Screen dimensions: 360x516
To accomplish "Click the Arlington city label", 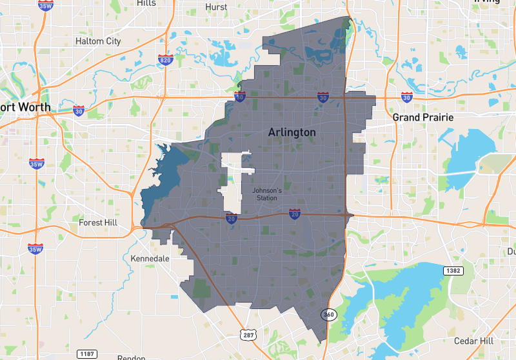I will (x=292, y=132).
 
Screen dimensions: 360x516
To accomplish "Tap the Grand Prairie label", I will (x=423, y=117).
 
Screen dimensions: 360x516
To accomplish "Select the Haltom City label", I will (x=98, y=41).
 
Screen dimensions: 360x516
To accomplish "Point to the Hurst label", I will (x=216, y=6).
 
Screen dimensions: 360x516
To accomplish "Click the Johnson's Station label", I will (x=266, y=194).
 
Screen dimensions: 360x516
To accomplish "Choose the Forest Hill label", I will (x=99, y=223).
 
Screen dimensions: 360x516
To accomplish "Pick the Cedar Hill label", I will (x=473, y=341).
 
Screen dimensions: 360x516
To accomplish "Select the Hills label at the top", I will (x=146, y=3).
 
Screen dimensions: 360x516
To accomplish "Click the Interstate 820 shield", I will (x=165, y=60).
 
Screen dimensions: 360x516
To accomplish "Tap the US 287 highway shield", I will (x=249, y=334).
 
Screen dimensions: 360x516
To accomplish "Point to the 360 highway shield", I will (x=328, y=314).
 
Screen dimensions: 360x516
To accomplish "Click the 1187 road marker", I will (x=86, y=354).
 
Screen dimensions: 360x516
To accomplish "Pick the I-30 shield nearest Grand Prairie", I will (x=406, y=97).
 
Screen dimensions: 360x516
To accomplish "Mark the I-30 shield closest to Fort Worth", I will (x=78, y=110).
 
